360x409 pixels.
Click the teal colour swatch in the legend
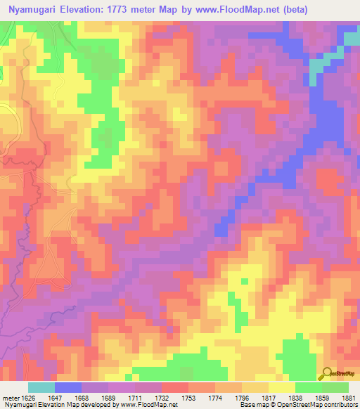tap(41, 387)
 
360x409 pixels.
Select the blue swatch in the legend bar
tap(68, 387)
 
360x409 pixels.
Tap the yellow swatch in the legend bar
tap(281, 387)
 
